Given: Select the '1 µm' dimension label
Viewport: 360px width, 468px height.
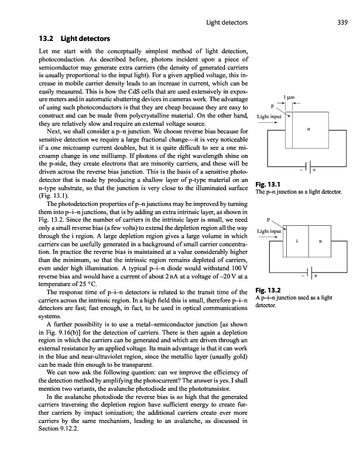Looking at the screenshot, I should coord(289,97).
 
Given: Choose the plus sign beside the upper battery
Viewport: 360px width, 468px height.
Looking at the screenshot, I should coord(316,170).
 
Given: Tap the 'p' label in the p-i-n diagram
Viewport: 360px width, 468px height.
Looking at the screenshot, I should coord(267,221).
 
